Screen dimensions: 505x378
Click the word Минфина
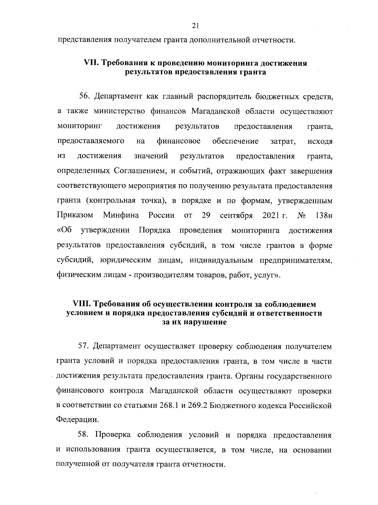pos(121,216)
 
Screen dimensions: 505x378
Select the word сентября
pos(236,216)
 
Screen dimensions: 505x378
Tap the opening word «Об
pos(64,230)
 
